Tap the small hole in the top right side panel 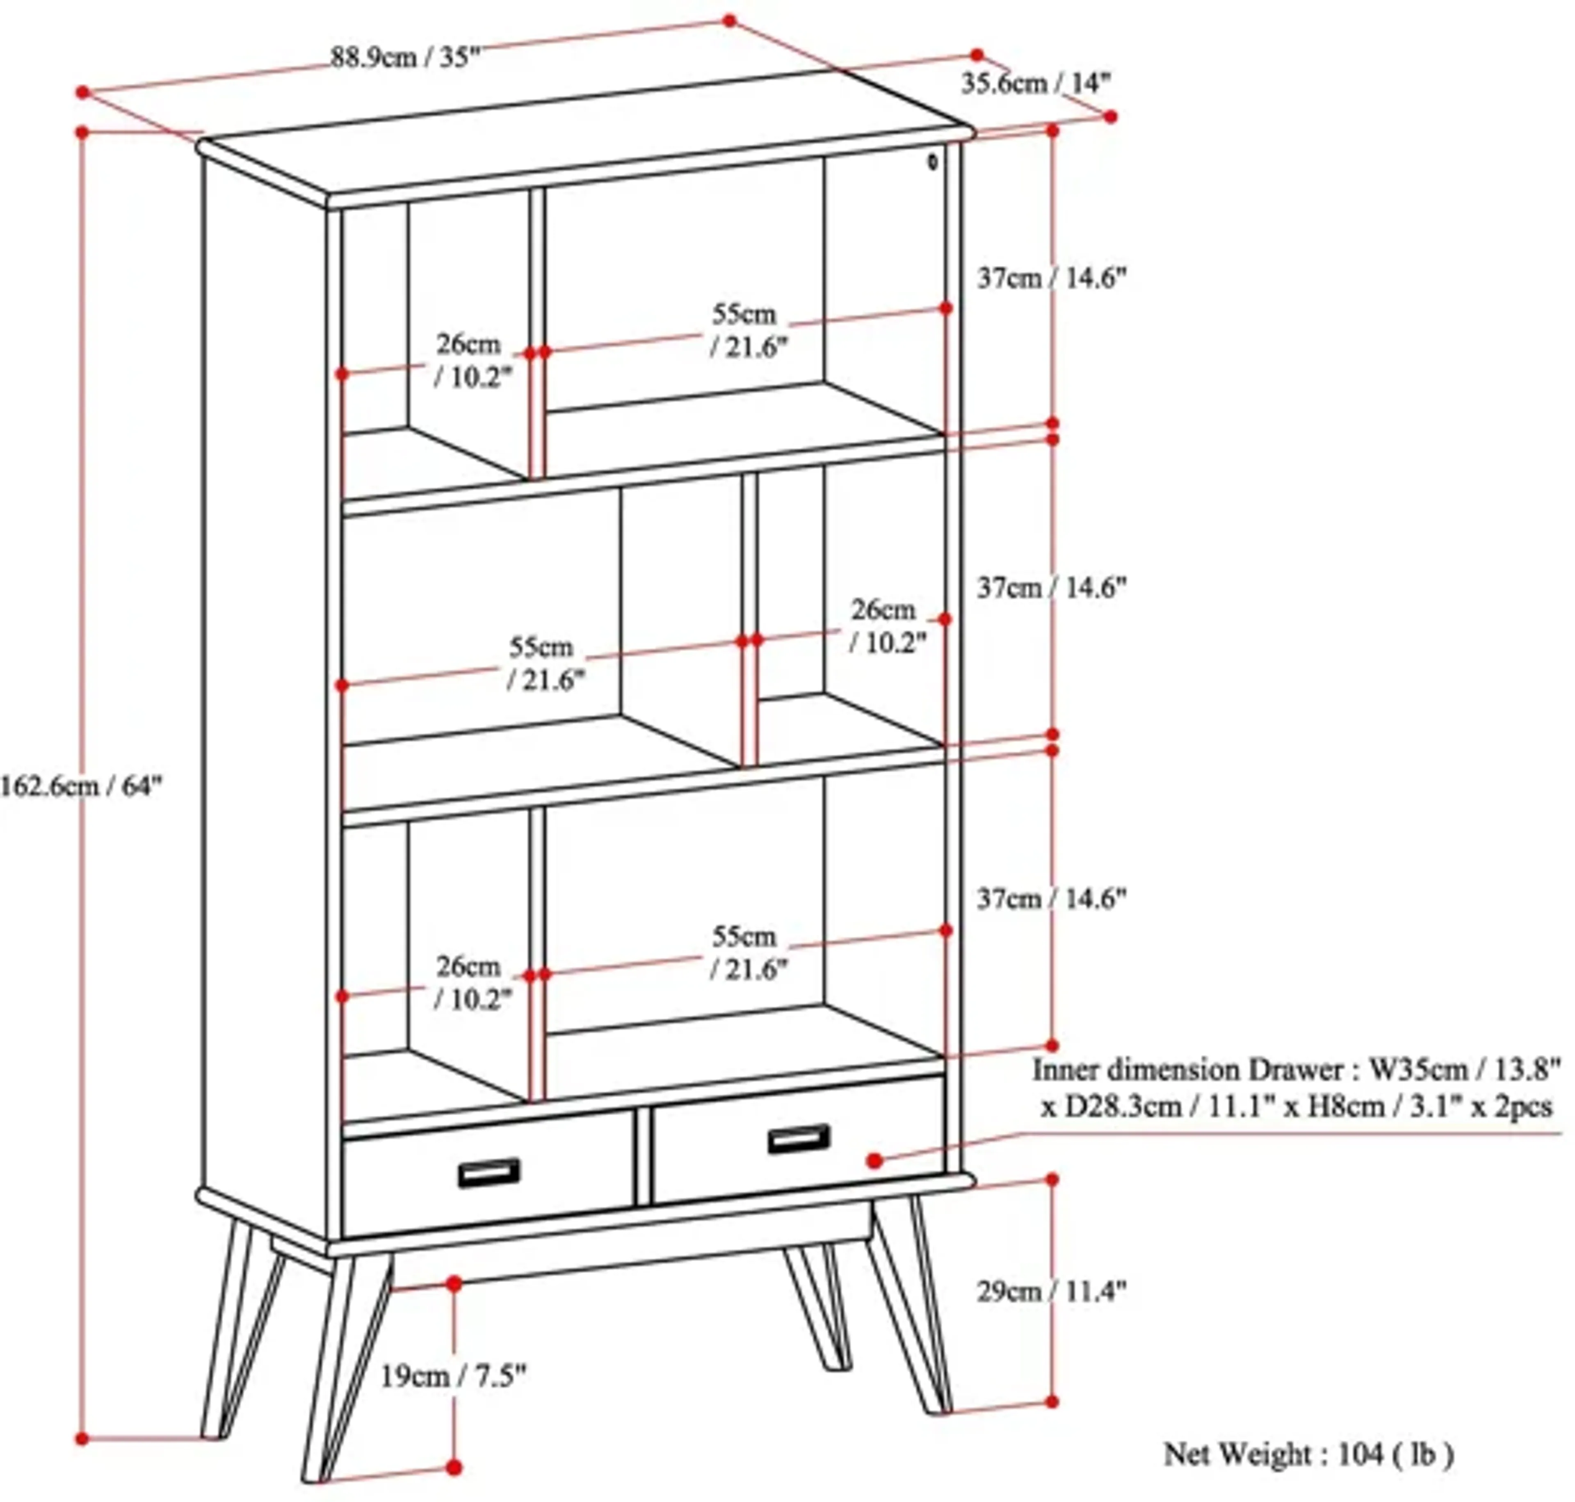(932, 162)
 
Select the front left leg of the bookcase (344, 1369)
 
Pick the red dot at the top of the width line (729, 20)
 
